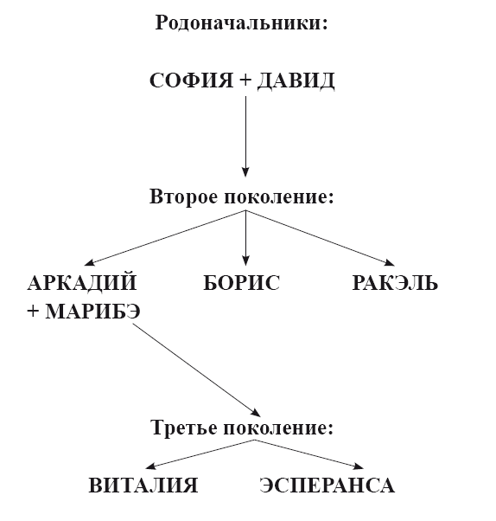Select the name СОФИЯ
point(192,80)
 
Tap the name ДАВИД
point(296,81)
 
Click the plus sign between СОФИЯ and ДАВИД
point(245,80)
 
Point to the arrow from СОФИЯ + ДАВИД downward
point(245,137)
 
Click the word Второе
point(184,196)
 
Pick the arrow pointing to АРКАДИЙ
point(165,238)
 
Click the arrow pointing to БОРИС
point(245,238)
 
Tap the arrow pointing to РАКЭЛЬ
point(321,238)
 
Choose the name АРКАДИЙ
point(82,283)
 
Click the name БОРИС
point(242,283)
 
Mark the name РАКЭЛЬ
point(395,283)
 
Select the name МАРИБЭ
point(92,312)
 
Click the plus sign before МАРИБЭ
point(33,312)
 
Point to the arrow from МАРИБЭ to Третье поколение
point(197,370)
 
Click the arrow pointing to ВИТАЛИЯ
point(200,454)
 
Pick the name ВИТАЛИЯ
point(143,486)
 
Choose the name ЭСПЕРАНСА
point(327,486)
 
